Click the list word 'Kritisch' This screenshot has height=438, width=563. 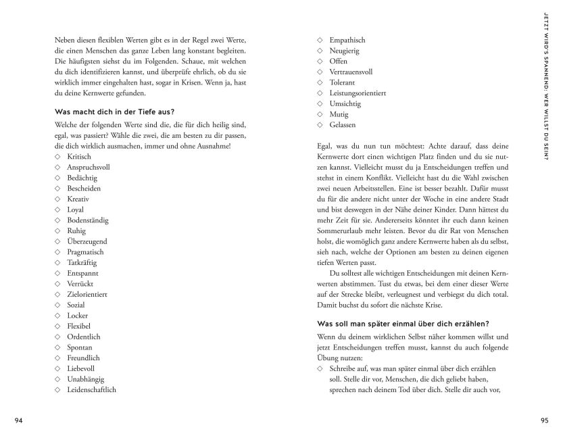tap(79, 156)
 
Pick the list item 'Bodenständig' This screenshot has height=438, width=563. tap(87, 220)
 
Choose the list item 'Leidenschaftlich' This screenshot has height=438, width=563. tap(92, 389)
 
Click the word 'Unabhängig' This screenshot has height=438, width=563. tap(84, 379)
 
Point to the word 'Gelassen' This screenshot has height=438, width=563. tap(343, 125)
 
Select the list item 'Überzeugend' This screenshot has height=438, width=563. tap(87, 241)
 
